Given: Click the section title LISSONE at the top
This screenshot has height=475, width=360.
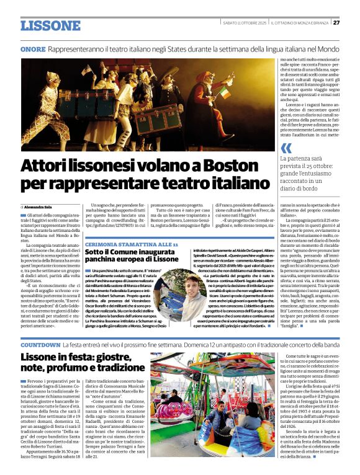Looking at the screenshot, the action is [x=51, y=25].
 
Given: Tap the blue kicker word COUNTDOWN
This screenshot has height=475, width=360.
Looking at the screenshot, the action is [x=40, y=344].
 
